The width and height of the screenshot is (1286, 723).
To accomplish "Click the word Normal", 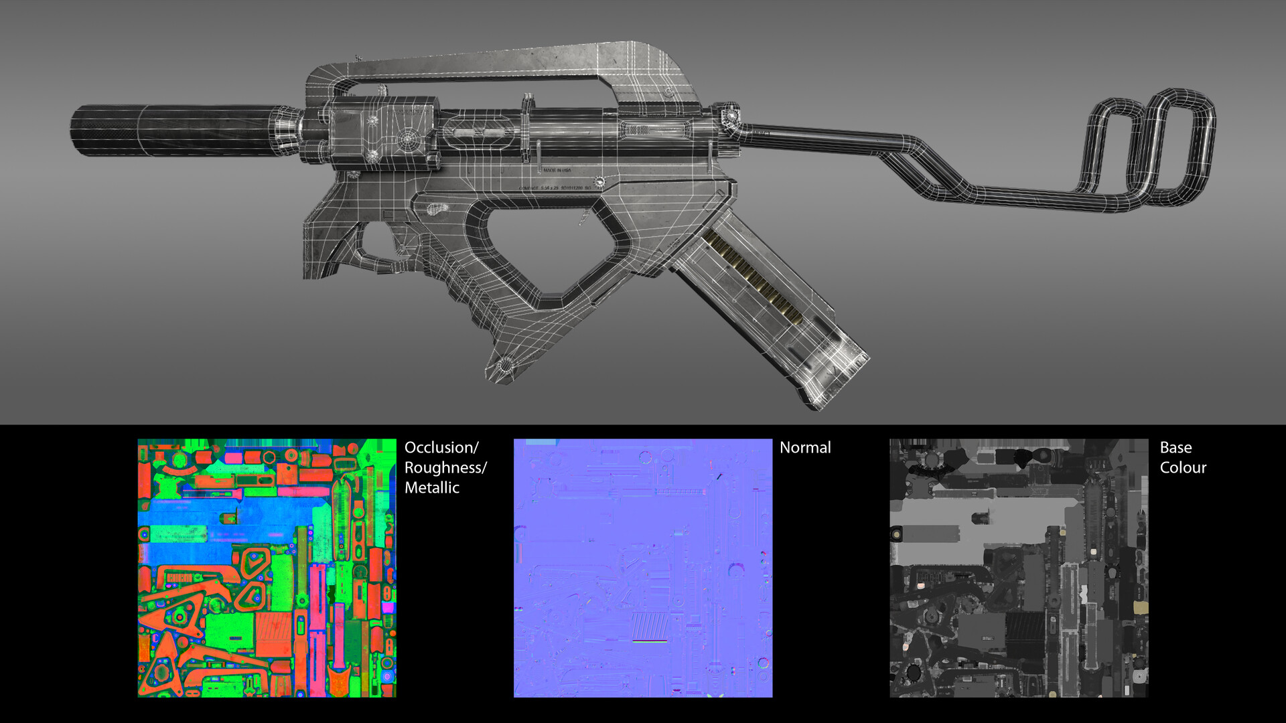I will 804,447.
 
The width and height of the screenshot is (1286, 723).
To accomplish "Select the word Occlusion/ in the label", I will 441,447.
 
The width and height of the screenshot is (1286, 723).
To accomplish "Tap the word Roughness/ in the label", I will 445,467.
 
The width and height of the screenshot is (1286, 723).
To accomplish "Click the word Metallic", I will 431,487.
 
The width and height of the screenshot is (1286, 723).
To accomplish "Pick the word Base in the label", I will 1175,447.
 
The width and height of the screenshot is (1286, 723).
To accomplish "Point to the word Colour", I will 1182,467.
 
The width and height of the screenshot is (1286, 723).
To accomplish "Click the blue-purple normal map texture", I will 642,568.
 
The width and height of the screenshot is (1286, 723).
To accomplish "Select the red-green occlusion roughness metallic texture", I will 267,568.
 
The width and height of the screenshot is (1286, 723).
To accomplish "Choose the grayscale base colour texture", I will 1018,568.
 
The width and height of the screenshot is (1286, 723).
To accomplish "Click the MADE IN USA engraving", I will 557,171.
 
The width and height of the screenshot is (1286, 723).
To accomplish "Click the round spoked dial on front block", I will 407,140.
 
